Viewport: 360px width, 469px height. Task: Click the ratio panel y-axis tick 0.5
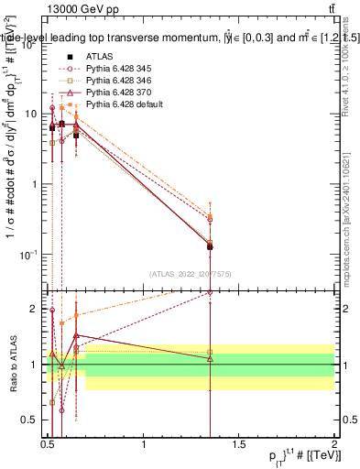tap(31, 420)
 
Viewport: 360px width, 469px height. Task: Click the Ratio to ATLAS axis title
tap(12, 365)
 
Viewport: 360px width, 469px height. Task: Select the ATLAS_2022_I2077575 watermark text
tap(190, 272)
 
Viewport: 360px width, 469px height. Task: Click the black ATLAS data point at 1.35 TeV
tap(211, 246)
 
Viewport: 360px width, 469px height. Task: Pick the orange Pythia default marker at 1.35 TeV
tap(211, 216)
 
